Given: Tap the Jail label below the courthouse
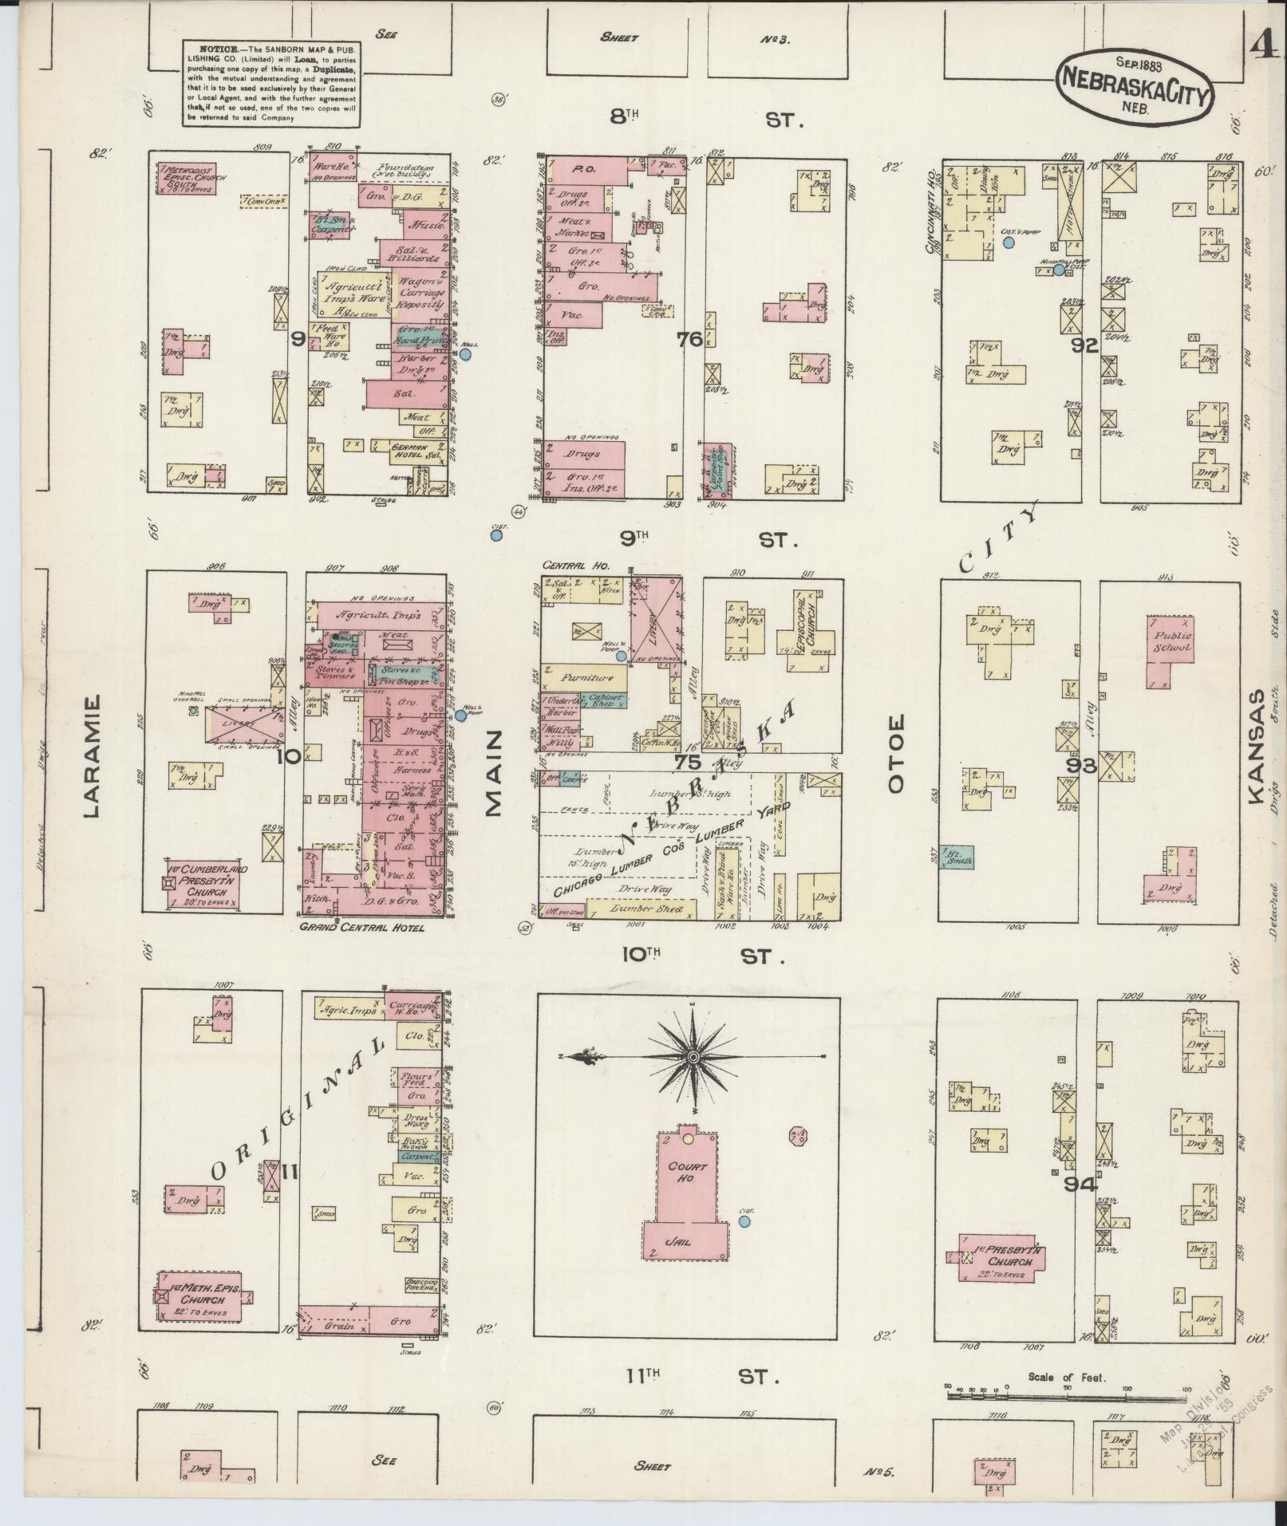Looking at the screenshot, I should click(x=682, y=1242).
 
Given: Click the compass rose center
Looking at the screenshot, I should click(x=693, y=1057).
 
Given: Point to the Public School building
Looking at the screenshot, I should click(x=1171, y=642).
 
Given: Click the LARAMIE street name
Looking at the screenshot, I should click(x=91, y=755).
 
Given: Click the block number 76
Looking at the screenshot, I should click(x=688, y=340).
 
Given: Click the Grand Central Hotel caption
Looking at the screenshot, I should click(x=362, y=929).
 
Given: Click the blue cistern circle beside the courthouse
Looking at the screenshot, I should click(x=744, y=1221).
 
